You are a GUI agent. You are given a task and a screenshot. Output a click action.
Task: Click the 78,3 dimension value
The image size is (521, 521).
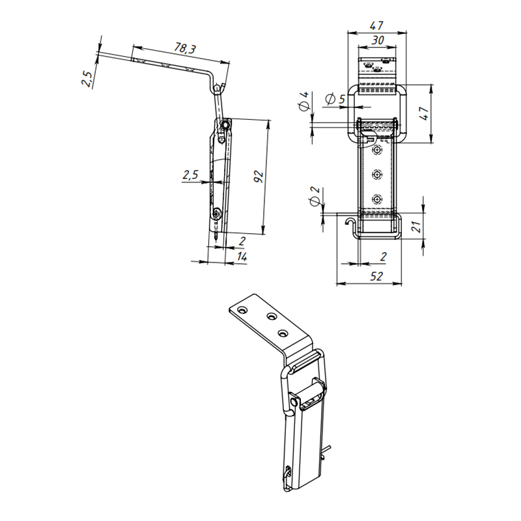pyautogui.click(x=185, y=48)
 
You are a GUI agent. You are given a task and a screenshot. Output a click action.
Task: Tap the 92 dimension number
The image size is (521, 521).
pyautogui.click(x=258, y=176)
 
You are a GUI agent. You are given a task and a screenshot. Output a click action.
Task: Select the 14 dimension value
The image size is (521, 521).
pyautogui.click(x=242, y=257)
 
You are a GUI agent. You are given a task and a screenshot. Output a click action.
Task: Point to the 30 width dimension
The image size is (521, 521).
pyautogui.click(x=378, y=40)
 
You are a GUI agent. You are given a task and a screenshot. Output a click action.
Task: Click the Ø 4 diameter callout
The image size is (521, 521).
pyautogui.click(x=304, y=101)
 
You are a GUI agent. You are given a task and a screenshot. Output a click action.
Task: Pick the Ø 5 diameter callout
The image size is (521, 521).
pyautogui.click(x=335, y=99)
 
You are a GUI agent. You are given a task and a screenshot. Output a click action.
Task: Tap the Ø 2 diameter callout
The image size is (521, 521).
pyautogui.click(x=315, y=196)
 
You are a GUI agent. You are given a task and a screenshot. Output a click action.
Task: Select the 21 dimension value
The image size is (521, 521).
pyautogui.click(x=416, y=226)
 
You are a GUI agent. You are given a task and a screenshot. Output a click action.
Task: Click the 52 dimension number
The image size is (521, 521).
pyautogui.click(x=376, y=276)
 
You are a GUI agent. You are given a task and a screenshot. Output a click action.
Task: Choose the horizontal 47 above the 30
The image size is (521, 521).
pyautogui.click(x=376, y=25)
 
